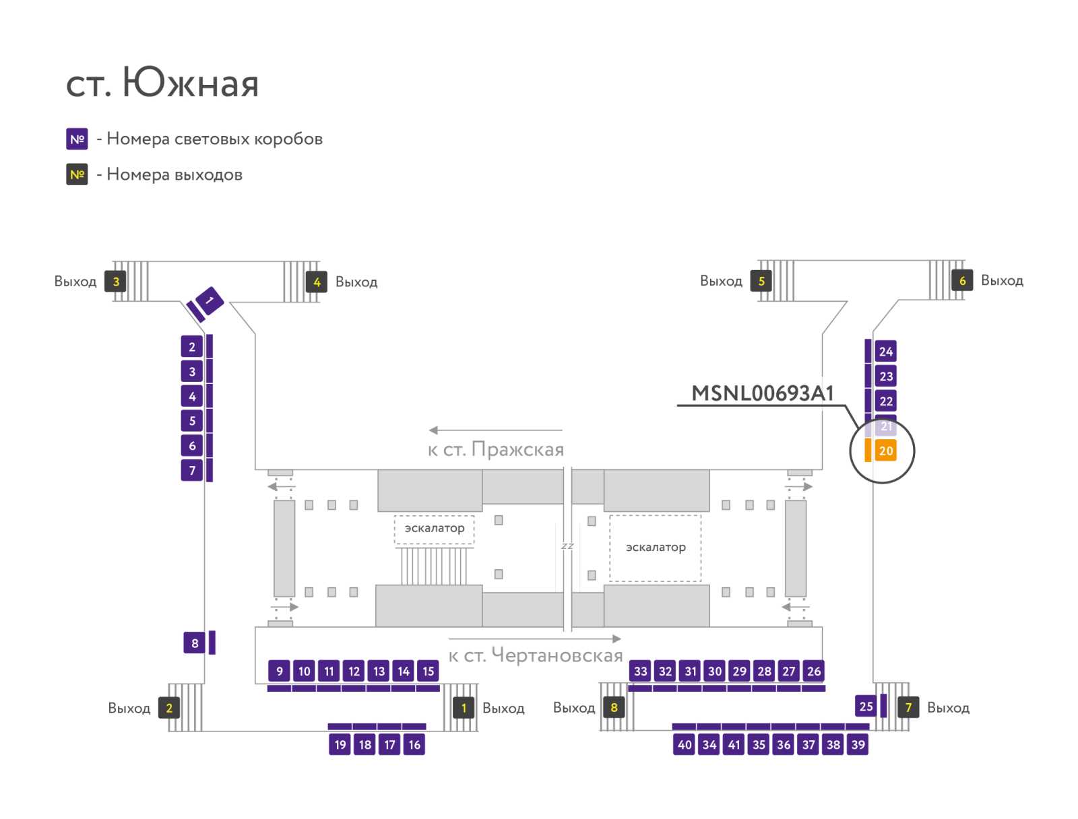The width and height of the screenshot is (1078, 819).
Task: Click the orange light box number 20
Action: (x=885, y=451)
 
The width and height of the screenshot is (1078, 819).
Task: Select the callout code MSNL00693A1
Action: (x=762, y=393)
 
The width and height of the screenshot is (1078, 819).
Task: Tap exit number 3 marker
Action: (x=115, y=281)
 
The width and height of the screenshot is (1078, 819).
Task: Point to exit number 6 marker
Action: (x=962, y=280)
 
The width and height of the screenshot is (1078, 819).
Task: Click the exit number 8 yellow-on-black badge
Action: (x=613, y=707)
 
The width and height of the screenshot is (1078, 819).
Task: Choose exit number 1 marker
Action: (x=463, y=708)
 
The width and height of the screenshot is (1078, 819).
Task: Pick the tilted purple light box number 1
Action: (x=210, y=300)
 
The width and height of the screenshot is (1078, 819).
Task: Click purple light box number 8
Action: (x=195, y=643)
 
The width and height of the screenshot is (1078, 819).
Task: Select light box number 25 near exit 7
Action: (x=866, y=706)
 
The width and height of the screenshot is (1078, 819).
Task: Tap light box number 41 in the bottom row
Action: (x=734, y=744)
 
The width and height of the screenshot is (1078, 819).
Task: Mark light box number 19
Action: (x=340, y=744)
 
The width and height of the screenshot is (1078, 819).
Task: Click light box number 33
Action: (x=641, y=671)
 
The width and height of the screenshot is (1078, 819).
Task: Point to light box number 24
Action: (x=885, y=352)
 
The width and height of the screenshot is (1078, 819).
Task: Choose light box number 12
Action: (x=354, y=671)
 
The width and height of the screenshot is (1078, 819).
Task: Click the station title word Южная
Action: (x=191, y=82)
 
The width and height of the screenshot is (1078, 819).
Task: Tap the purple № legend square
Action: (x=77, y=139)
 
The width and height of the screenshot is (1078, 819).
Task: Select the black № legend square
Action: (x=77, y=174)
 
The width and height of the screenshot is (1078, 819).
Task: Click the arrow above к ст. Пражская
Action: (x=495, y=430)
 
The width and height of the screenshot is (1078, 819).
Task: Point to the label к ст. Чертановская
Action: (x=536, y=655)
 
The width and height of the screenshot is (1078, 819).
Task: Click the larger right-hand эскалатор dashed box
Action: (x=655, y=548)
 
